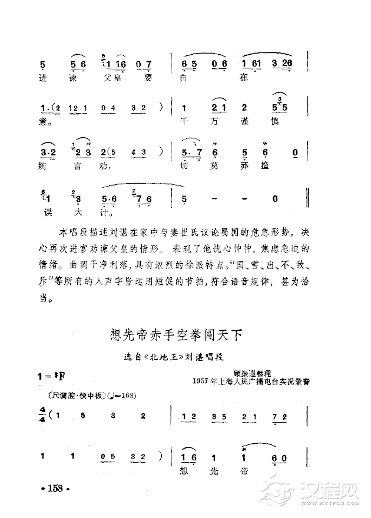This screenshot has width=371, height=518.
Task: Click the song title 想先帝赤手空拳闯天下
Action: point(177,336)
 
